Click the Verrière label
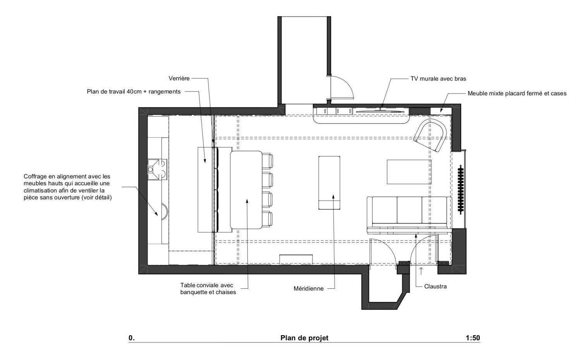coord(179,78)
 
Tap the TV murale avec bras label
coord(438,79)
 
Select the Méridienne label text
coord(308,288)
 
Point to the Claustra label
coord(435,286)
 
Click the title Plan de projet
coord(304,338)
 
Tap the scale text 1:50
coord(472,338)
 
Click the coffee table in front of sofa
coord(409,172)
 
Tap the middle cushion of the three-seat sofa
coord(409,210)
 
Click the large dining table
coord(246,189)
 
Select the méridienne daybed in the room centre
coord(329,182)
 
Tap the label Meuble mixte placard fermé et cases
coord(517,93)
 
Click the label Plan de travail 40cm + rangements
coord(134,92)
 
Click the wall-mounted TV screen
coord(379,111)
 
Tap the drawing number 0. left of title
coord(132,338)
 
